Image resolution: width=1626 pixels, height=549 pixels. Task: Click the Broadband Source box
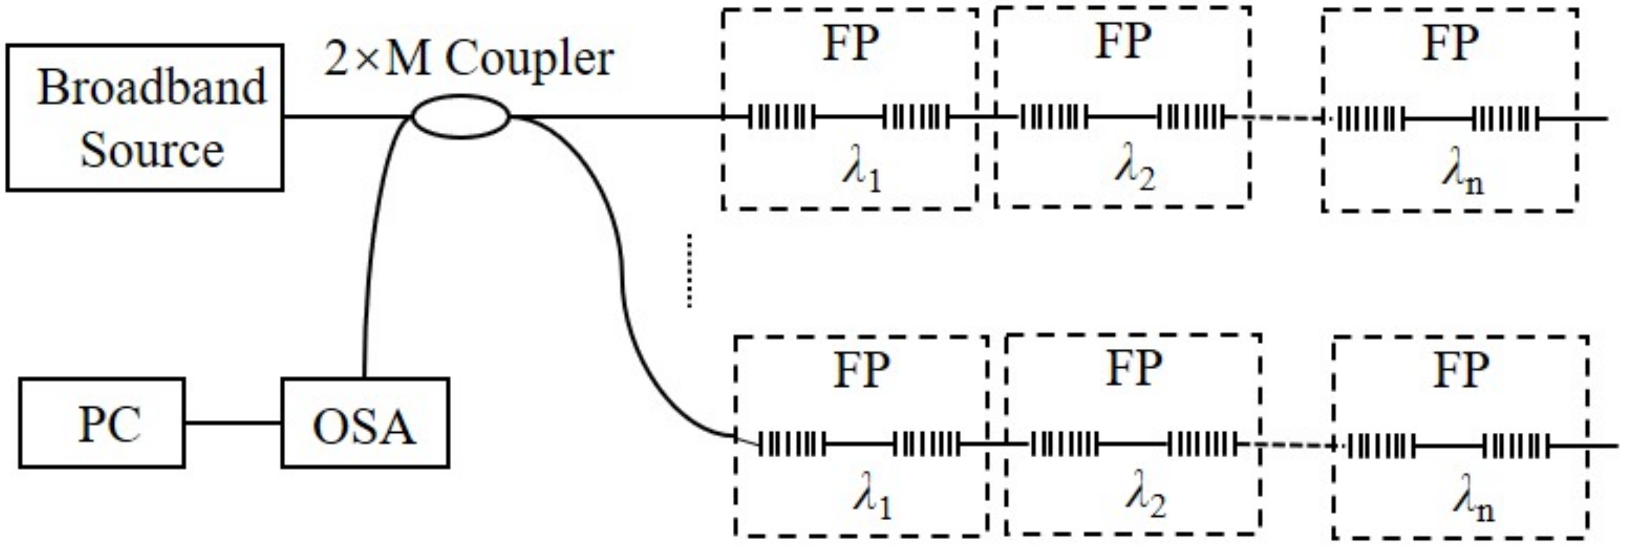click(x=144, y=118)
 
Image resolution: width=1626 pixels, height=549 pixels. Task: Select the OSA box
click(x=365, y=422)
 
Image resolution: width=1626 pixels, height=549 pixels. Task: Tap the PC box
click(x=102, y=422)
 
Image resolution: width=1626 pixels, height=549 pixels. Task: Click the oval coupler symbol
click(x=460, y=116)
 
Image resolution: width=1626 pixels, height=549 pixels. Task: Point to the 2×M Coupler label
click(x=468, y=61)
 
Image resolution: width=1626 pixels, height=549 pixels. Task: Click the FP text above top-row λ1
click(x=850, y=43)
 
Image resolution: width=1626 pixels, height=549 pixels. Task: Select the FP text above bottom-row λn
click(x=1461, y=370)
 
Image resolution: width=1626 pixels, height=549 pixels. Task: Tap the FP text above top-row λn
click(x=1450, y=43)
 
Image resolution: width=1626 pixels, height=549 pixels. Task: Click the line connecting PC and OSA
click(x=233, y=423)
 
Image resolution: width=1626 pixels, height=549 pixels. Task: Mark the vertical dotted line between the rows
click(x=689, y=271)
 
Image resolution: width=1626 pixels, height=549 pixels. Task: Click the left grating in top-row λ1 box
click(x=781, y=117)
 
